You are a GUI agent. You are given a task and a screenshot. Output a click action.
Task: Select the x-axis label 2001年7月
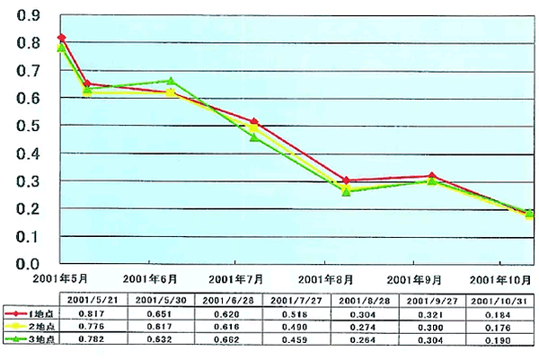tap(242, 279)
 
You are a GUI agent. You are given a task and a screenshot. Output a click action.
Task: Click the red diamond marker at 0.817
tap(61, 38)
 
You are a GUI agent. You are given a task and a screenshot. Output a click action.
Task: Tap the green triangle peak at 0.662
tap(172, 82)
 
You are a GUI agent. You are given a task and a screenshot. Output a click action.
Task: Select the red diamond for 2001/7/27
tap(254, 122)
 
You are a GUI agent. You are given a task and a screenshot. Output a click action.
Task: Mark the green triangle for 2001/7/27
tap(254, 137)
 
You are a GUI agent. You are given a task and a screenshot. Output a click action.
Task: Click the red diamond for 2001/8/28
tap(346, 180)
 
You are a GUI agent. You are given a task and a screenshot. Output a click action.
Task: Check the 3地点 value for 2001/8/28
tap(364, 339)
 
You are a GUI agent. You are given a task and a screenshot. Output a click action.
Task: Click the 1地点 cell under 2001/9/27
tap(434, 312)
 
